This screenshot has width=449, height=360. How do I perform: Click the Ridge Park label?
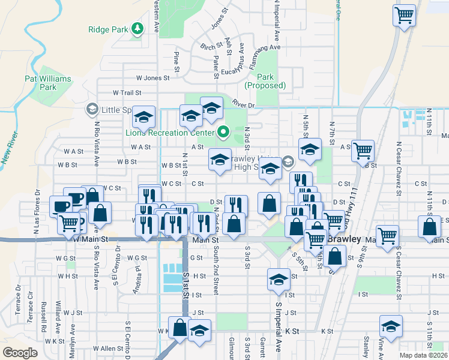coord(109,29)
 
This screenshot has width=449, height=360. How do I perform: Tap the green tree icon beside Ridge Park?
coord(137,28)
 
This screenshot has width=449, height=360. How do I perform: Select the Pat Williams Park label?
coord(48,83)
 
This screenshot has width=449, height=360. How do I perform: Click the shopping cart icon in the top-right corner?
coord(405,15)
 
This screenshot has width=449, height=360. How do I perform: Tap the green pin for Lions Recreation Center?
coord(223,131)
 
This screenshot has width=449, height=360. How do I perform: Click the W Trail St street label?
coord(127,93)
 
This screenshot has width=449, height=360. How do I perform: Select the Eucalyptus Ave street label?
coord(241,57)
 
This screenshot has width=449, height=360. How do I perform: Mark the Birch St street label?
coord(212,47)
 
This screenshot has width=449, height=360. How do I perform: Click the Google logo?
coord(20,353)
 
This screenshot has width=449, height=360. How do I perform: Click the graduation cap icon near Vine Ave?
coord(391,328)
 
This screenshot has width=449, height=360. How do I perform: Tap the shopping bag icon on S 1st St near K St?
coord(179,328)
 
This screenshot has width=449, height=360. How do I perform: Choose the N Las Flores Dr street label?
coord(37,207)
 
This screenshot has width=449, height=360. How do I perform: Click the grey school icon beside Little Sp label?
coord(91,109)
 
